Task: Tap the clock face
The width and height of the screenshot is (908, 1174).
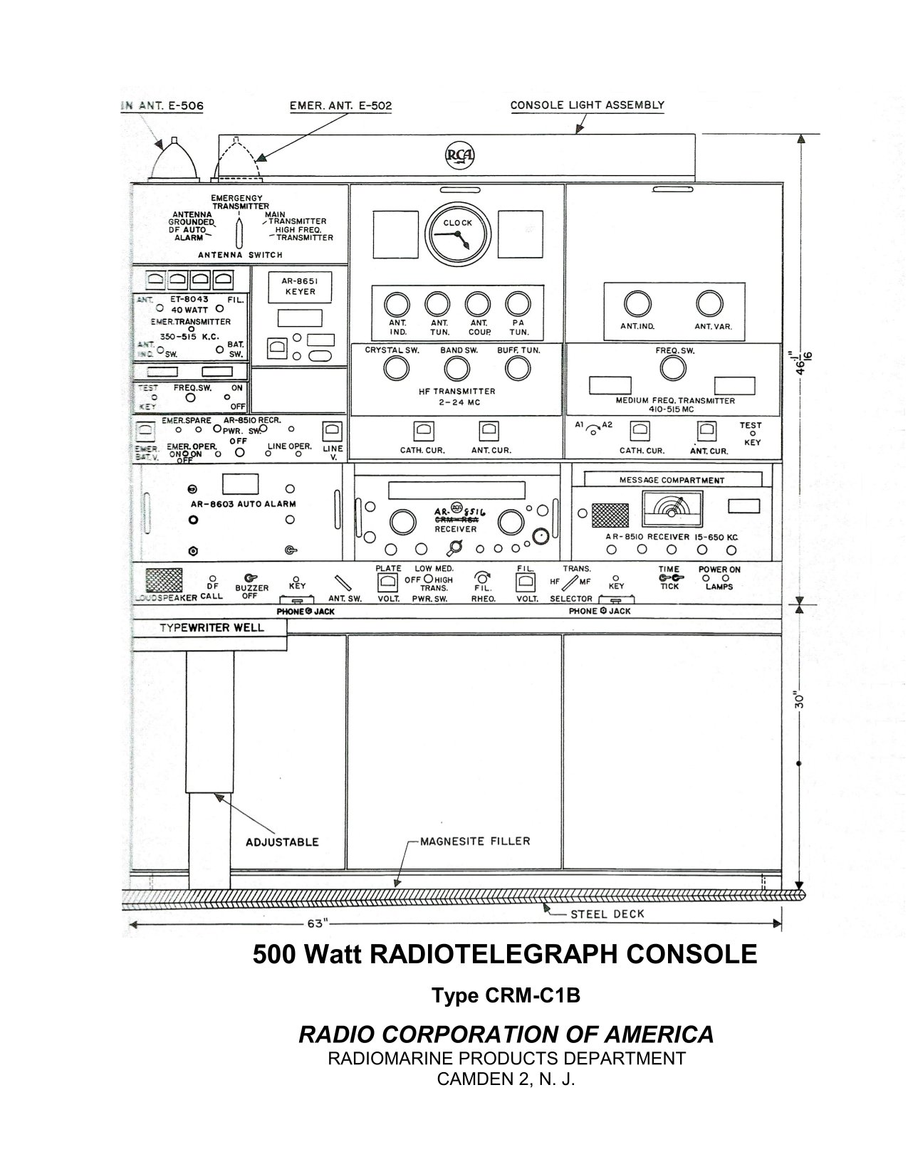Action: pos(458,233)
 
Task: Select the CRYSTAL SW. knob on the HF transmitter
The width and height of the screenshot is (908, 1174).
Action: pos(396,368)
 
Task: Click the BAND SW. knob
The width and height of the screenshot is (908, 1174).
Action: pos(457,368)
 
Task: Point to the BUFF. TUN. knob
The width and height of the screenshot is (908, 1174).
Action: pos(518,368)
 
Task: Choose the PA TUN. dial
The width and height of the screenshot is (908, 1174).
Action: pos(518,305)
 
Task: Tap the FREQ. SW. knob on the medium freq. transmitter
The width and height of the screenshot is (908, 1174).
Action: pos(673,368)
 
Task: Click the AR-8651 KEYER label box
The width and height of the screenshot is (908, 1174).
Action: pos(300,286)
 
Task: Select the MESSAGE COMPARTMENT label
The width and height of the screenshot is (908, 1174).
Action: pos(672,480)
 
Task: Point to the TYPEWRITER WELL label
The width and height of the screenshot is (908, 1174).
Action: pos(211,627)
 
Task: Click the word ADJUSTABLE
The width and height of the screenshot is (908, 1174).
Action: pos(282,842)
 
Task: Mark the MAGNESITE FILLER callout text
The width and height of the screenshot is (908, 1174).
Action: pos(475,841)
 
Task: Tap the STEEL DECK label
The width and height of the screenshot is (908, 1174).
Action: pos(607,913)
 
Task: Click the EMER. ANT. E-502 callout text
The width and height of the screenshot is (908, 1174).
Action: pos(340,106)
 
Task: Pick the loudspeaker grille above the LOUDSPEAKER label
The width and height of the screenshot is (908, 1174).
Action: pos(164,580)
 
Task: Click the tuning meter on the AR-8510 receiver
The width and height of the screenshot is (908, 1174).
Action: pos(672,509)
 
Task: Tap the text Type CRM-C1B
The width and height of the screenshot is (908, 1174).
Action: pos(506,995)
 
